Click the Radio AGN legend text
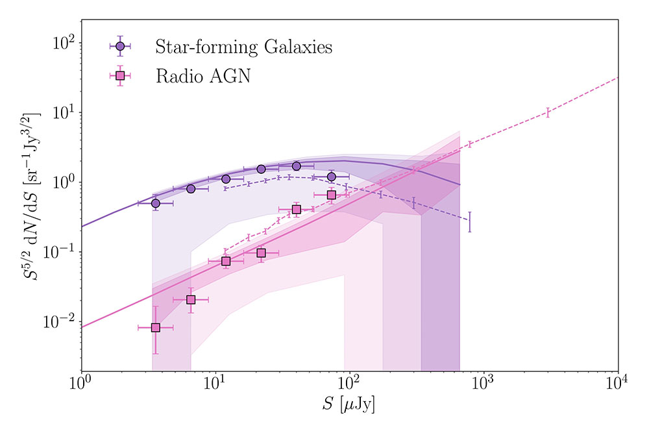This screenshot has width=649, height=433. [x=202, y=76]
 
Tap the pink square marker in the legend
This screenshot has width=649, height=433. [x=119, y=76]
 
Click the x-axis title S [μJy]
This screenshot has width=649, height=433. [x=349, y=407]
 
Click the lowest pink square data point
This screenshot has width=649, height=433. [x=156, y=328]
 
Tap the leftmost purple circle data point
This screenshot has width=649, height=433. [x=156, y=203]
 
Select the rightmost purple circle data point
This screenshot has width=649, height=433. [x=332, y=177]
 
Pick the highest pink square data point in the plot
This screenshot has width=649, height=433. [x=332, y=195]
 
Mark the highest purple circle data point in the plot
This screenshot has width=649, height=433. [x=297, y=166]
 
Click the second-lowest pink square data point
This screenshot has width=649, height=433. [x=191, y=300]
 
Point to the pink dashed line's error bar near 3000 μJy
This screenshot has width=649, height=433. [x=548, y=112]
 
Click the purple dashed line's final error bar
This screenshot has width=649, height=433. [x=469, y=221]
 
